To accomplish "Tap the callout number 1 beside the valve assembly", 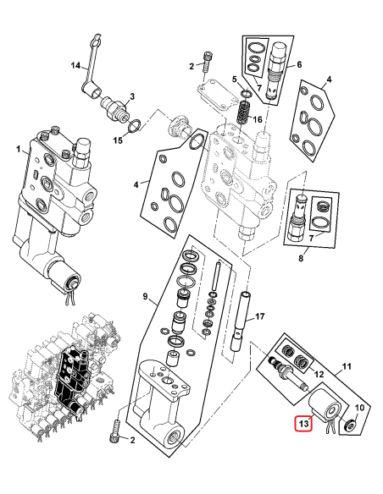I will (x=16, y=150).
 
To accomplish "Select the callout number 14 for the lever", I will (x=75, y=66).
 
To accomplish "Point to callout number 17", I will (x=261, y=318).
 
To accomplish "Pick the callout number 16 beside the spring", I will (x=259, y=120).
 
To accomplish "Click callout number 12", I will (x=319, y=373).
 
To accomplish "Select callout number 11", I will (x=345, y=367).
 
